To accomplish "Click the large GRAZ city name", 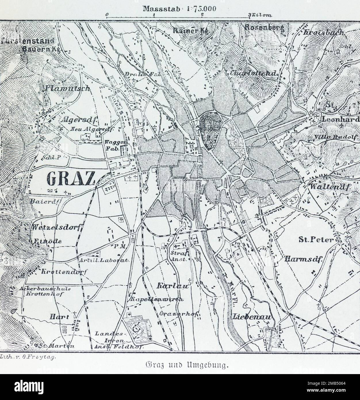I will coord(70,179).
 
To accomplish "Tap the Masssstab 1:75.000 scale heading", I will coord(179,8).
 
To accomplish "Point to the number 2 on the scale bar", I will coord(203,14).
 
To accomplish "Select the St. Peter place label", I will coord(315,239).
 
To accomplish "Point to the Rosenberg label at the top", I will coord(264,28).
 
